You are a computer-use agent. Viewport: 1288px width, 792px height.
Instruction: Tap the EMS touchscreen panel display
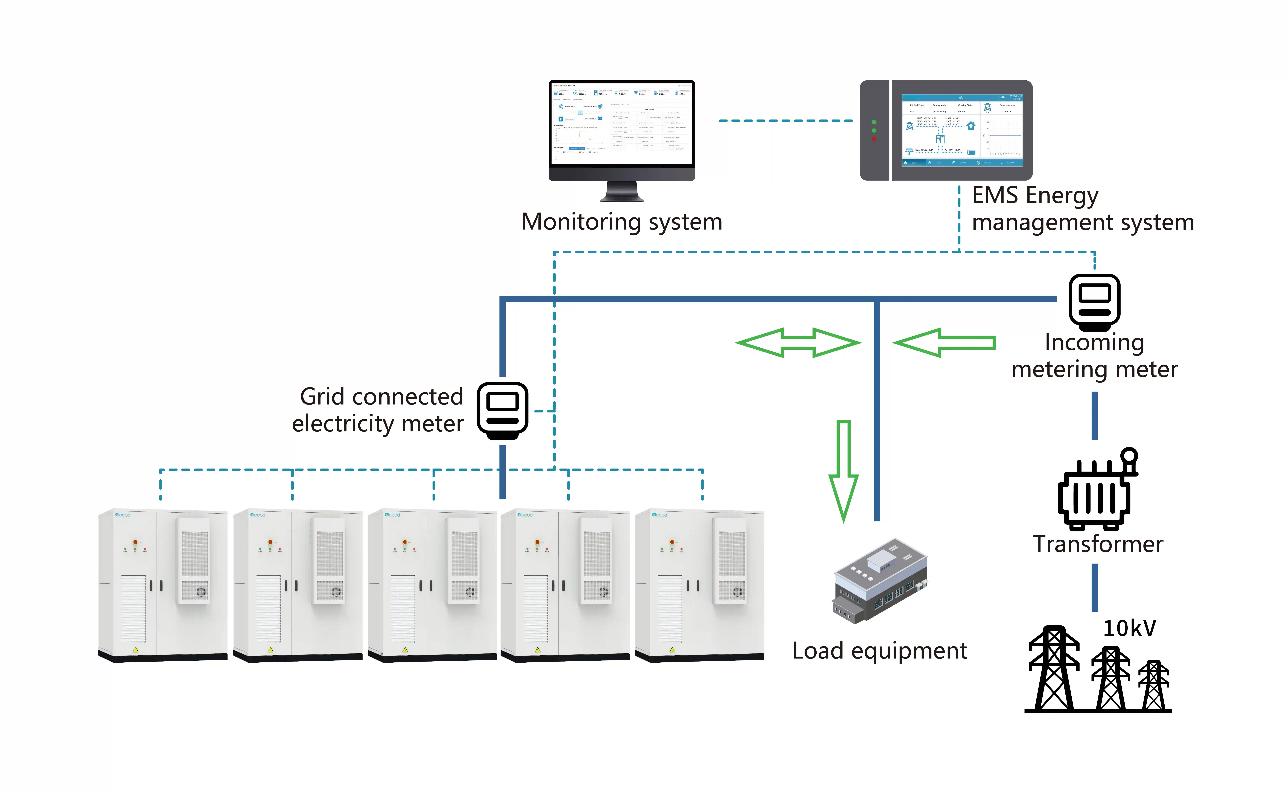[962, 130]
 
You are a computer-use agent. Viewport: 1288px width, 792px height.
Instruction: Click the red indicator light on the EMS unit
[873, 139]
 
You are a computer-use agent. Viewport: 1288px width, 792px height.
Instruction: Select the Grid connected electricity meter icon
[502, 410]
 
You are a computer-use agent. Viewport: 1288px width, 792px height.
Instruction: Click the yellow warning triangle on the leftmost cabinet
[136, 650]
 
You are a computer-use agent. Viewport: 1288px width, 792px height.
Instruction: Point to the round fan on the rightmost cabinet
[737, 592]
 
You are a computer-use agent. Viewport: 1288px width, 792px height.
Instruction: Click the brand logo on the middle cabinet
[393, 515]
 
